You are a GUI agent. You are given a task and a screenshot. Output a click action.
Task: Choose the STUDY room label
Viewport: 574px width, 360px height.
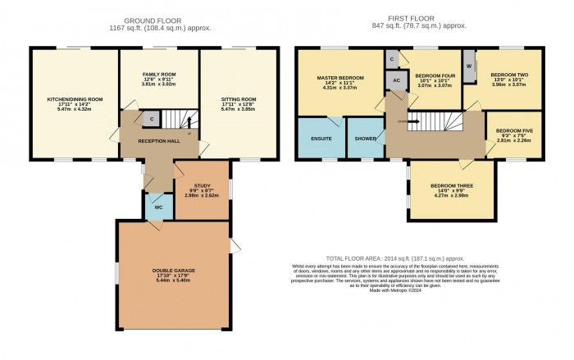click(202, 187)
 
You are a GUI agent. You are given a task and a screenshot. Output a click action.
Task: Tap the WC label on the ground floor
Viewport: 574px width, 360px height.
click(156, 207)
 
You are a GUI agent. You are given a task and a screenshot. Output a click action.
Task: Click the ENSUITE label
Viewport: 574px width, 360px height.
click(321, 139)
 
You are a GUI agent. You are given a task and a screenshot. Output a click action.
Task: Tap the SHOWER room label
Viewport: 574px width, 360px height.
click(365, 139)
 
